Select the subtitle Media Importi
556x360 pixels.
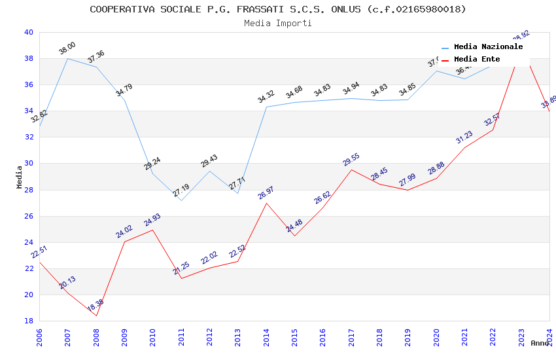[x=277, y=24]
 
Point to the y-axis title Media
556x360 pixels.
[x=20, y=177]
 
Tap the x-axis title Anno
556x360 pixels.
[x=540, y=343]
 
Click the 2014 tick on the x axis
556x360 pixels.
[x=266, y=337]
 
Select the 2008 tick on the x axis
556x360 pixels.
[x=96, y=337]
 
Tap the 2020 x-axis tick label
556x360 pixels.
[x=436, y=337]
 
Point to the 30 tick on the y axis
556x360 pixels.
[x=28, y=164]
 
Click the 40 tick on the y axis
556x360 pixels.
[x=28, y=32]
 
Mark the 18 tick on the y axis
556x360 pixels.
[x=28, y=321]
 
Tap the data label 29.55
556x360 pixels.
[x=351, y=160]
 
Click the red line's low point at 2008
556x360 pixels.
[x=96, y=316]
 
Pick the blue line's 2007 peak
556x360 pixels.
[x=68, y=58]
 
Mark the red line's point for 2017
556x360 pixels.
[x=351, y=170]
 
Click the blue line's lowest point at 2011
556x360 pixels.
[x=181, y=200]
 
